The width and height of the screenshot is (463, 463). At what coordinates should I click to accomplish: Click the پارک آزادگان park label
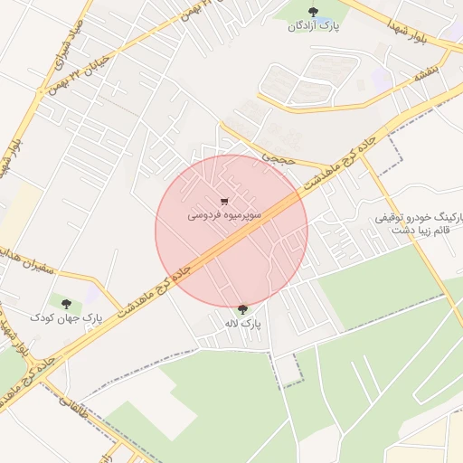pyautogui.click(x=313, y=26)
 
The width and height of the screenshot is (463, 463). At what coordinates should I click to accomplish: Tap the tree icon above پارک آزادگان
pyautogui.click(x=313, y=13)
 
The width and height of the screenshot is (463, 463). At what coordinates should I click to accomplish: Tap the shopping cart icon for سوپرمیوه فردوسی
pyautogui.click(x=224, y=202)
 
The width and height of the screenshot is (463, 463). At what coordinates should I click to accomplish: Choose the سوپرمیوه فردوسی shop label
pyautogui.click(x=224, y=216)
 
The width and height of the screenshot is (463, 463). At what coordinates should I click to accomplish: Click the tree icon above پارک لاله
pyautogui.click(x=241, y=309)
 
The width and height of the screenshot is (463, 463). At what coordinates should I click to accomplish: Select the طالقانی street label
pyautogui.click(x=77, y=412)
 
